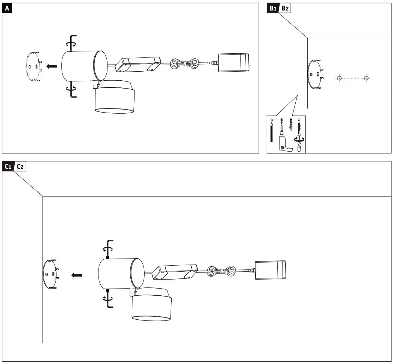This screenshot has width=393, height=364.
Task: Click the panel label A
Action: (7, 8)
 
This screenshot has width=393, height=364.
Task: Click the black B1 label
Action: (272, 8)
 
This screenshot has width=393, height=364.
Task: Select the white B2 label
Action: (285, 8)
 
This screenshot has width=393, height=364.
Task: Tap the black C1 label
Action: (8, 166)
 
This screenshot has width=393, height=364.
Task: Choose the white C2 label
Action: (20, 166)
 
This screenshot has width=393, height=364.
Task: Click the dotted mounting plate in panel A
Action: (33, 66)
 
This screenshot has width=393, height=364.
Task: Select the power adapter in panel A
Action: (233, 62)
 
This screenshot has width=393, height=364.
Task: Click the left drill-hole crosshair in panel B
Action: (339, 78)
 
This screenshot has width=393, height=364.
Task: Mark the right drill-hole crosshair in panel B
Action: (366, 78)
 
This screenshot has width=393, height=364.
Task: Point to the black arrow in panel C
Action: (77, 275)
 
